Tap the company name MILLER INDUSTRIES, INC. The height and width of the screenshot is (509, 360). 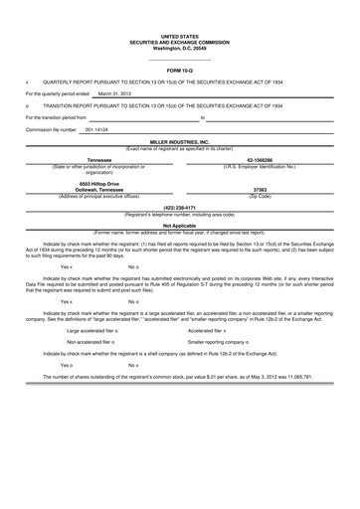(179, 143)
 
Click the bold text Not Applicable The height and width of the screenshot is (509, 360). (179, 225)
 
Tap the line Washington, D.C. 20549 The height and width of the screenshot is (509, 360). (179, 21)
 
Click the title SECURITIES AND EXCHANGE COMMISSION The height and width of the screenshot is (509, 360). (179, 15)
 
